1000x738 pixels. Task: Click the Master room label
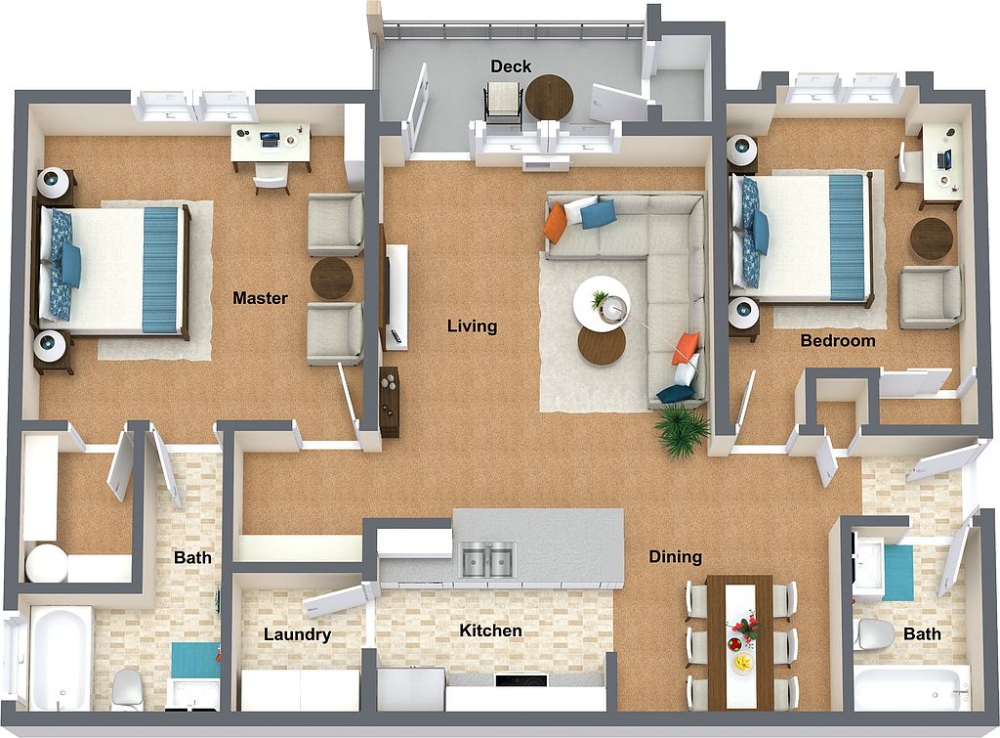click(x=260, y=297)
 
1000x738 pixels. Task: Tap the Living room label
click(x=472, y=326)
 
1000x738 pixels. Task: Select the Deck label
click(x=511, y=66)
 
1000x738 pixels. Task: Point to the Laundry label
click(x=297, y=634)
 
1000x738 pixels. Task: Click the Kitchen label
click(x=490, y=630)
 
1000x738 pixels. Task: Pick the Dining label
click(x=676, y=557)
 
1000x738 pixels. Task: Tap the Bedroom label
click(x=837, y=341)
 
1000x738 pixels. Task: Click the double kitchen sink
click(x=488, y=560)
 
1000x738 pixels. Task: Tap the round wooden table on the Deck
click(x=549, y=98)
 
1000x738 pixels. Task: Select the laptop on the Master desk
click(x=270, y=139)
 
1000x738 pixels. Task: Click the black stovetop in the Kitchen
click(x=521, y=680)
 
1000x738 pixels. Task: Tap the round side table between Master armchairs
click(x=331, y=278)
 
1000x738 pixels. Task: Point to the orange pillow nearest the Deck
click(x=556, y=223)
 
